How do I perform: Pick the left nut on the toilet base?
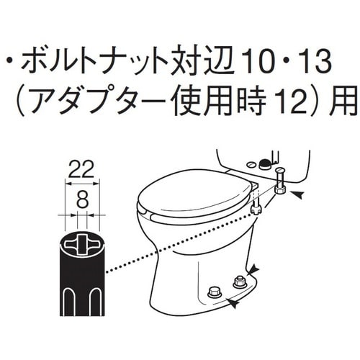213,292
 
